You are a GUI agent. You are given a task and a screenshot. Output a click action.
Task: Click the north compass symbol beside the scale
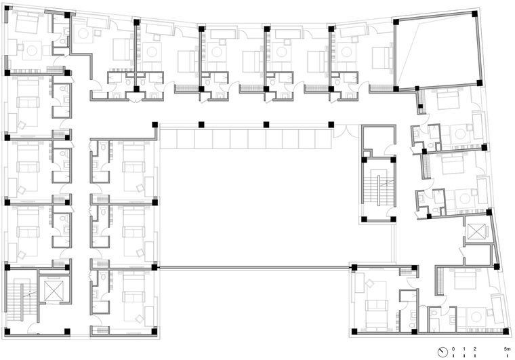tap(442, 352)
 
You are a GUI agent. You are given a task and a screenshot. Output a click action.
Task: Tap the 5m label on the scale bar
tap(508, 349)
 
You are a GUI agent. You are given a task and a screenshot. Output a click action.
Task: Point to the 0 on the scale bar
tap(453, 349)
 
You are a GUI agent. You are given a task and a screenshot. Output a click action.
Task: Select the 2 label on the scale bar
tap(475, 349)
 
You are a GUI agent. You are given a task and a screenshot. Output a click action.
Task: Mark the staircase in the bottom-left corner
tap(19, 300)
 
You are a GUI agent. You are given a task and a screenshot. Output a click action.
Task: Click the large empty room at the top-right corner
tap(436, 51)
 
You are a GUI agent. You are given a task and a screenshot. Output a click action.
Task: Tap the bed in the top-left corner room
tap(27, 22)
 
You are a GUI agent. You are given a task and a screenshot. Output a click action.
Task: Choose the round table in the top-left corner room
tap(32, 50)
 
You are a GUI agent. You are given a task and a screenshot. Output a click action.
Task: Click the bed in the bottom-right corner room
tap(465, 278)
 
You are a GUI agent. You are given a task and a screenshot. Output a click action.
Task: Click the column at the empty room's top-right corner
tap(474, 14)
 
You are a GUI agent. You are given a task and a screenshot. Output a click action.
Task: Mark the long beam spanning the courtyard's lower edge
tap(254, 268)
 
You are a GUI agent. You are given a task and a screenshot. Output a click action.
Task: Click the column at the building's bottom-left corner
tap(7, 331)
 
